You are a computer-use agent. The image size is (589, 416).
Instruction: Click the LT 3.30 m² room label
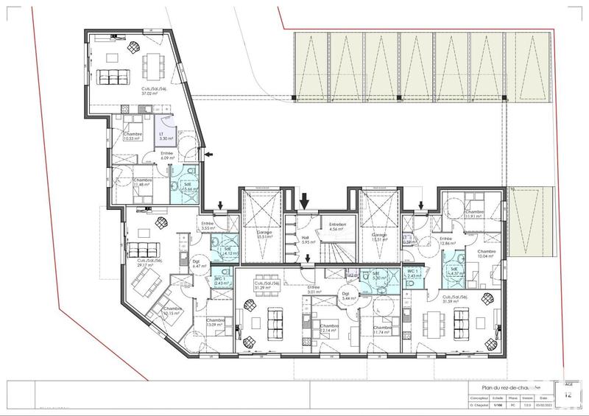166,136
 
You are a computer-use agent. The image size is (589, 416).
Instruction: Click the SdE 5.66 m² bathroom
188,187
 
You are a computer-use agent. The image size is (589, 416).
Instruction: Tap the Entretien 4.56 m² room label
338,227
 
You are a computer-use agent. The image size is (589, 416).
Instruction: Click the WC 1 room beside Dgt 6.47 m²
221,281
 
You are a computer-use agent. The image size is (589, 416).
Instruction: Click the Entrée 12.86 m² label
446,241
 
